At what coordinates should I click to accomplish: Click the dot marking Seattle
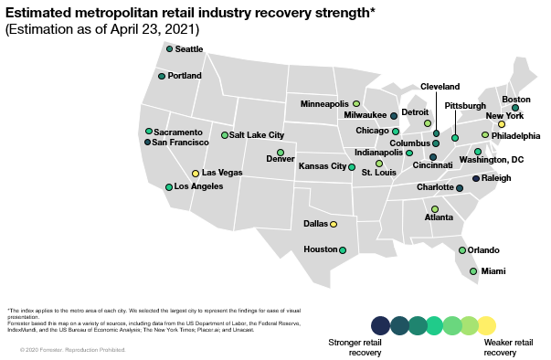point(169,48)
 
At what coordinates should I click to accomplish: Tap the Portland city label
point(185,76)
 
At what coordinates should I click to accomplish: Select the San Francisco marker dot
point(148,142)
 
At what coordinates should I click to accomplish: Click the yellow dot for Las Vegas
point(196,174)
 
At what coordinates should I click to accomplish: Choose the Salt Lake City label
point(257,135)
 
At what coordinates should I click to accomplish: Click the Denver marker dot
point(281,152)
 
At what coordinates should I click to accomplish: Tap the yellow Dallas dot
point(334,224)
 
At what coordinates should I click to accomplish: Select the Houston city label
point(321,249)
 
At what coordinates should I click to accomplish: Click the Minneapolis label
point(324,104)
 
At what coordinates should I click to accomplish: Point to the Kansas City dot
point(352,167)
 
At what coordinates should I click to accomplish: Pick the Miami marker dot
point(473,271)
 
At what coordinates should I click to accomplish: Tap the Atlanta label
point(439,217)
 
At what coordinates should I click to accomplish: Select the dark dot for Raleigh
point(475,178)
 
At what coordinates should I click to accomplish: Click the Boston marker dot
point(515,108)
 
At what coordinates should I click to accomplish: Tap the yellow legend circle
point(487,325)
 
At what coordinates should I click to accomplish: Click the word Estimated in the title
point(42,11)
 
